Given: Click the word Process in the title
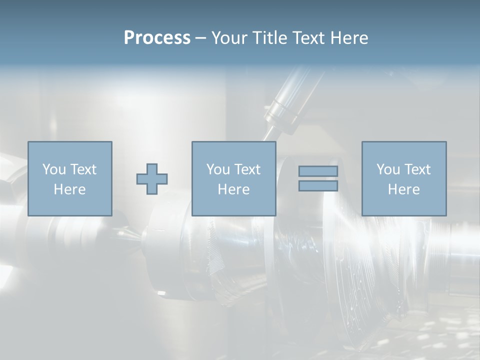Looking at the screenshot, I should (x=157, y=38).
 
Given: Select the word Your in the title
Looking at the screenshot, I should (x=228, y=38).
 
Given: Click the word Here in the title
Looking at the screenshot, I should (x=349, y=38).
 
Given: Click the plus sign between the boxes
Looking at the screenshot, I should (x=152, y=179).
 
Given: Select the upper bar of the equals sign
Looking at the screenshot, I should (x=318, y=171).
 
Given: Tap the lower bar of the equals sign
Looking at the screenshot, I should (x=318, y=186).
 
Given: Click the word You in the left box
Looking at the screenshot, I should (x=53, y=169).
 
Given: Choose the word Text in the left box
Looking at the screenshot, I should (x=82, y=169).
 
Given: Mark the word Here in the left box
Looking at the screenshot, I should (x=69, y=189).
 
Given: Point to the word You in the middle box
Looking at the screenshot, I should (x=218, y=169).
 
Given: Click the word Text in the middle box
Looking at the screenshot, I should (x=247, y=169).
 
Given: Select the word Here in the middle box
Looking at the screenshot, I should (x=233, y=189).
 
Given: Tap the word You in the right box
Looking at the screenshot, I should (x=388, y=169).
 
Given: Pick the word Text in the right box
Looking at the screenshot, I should (x=417, y=169).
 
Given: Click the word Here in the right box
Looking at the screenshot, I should (x=403, y=189).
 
